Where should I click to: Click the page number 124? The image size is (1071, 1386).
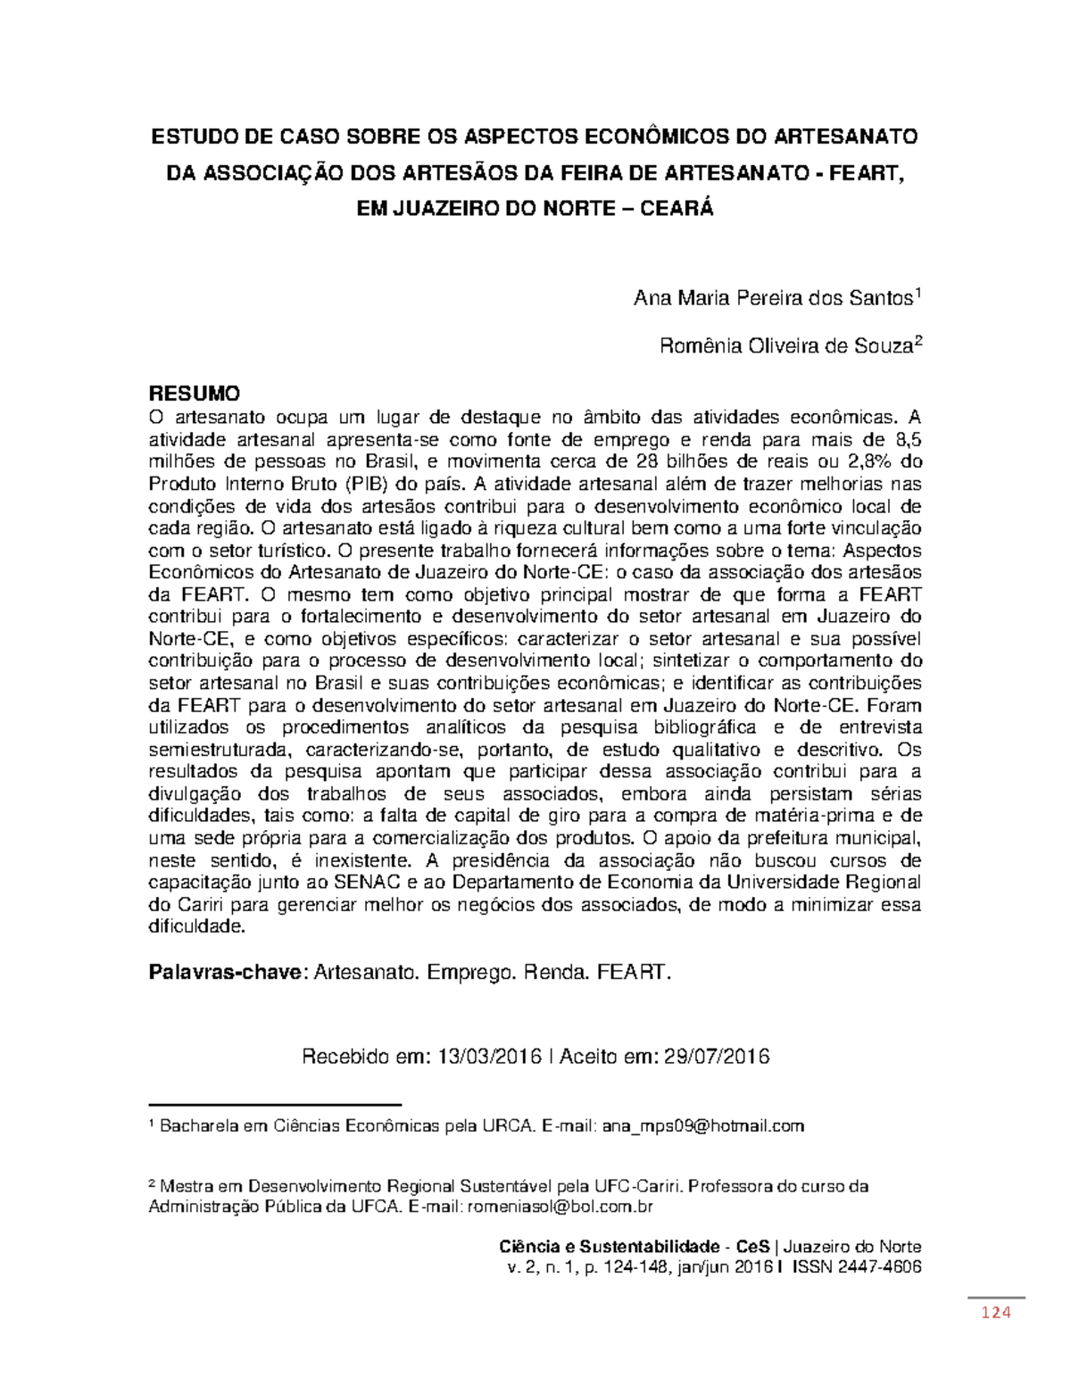pos(995,1312)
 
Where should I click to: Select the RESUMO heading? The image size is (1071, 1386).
pos(194,394)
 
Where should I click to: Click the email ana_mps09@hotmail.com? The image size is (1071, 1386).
pos(702,1126)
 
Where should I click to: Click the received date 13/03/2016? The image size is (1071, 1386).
pos(490,1057)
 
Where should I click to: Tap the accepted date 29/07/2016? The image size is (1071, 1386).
pos(717,1057)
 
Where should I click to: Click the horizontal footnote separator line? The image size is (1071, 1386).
pos(274,1105)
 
